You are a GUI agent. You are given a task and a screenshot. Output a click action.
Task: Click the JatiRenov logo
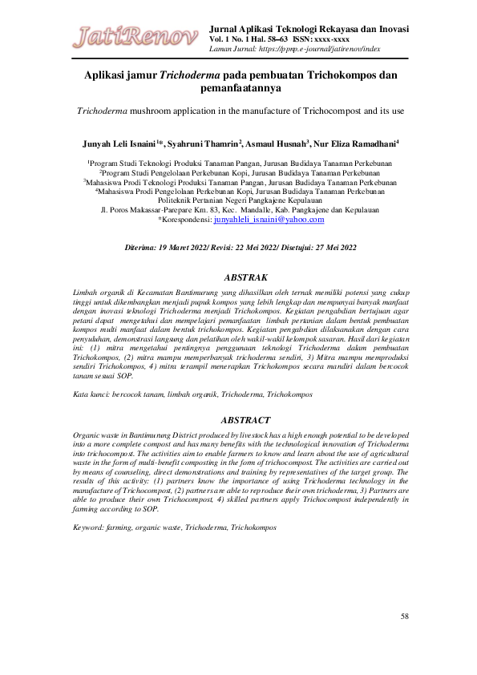point(137,35)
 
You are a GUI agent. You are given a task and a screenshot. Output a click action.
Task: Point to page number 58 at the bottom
point(405,616)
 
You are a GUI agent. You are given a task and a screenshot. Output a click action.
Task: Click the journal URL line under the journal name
point(294,49)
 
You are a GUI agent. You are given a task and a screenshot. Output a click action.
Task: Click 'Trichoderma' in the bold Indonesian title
point(192,76)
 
